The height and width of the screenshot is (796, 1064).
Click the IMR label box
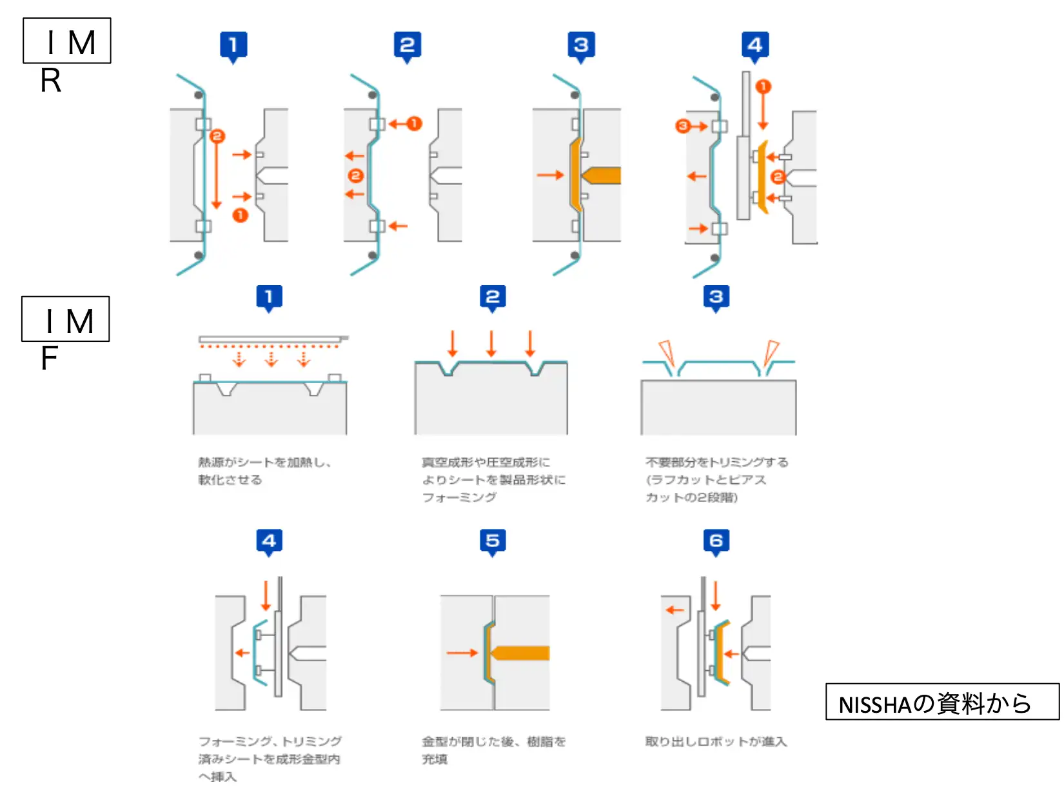coord(67,41)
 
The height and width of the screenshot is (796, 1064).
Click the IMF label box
coord(66,319)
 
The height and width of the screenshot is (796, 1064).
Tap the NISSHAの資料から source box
coord(941,702)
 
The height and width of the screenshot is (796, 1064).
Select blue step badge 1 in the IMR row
coord(233,45)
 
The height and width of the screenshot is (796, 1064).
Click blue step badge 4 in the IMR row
coord(755,45)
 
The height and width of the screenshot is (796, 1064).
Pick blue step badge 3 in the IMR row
coord(581,45)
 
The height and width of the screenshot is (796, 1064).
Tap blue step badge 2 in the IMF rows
coord(493,297)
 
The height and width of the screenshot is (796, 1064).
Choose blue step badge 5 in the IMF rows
coord(493,541)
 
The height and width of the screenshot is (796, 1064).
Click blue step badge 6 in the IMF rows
coord(716,541)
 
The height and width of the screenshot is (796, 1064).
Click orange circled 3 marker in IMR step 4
coord(683,126)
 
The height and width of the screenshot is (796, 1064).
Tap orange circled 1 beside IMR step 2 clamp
coord(414,123)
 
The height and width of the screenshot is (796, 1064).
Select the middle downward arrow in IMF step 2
coord(491,343)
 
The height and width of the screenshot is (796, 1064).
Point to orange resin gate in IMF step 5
coord(520,653)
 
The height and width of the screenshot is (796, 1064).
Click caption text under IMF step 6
coord(716,742)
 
